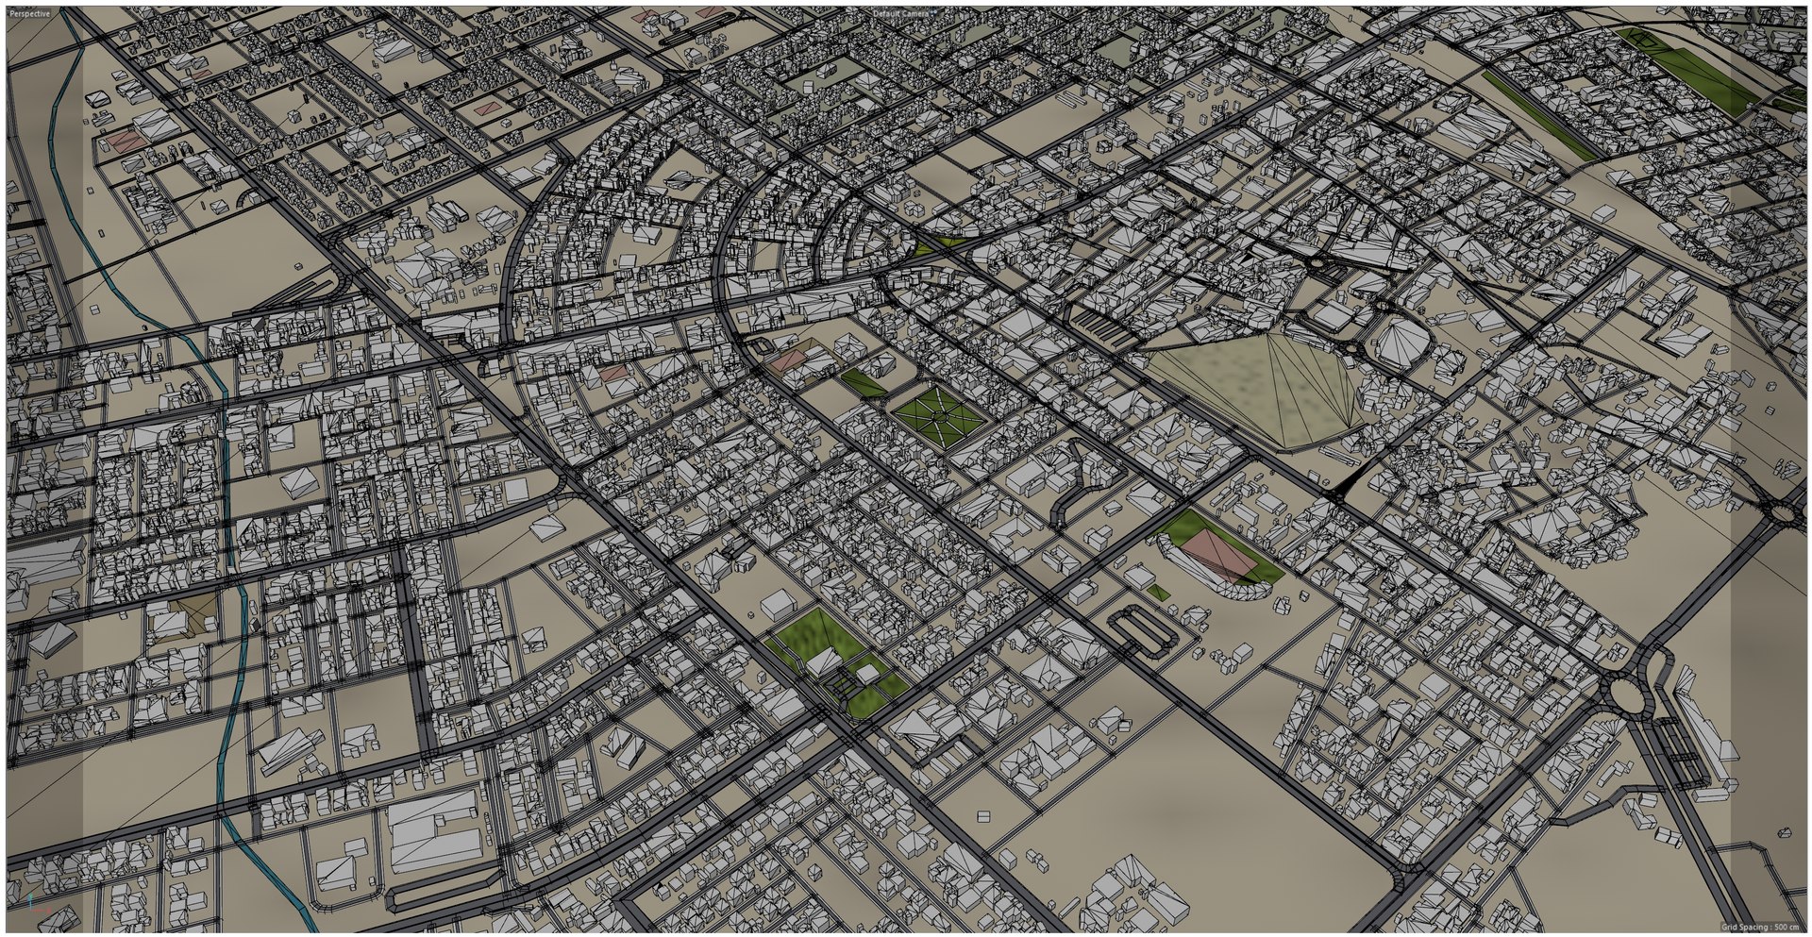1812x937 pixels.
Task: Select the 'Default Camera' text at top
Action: (902, 14)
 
